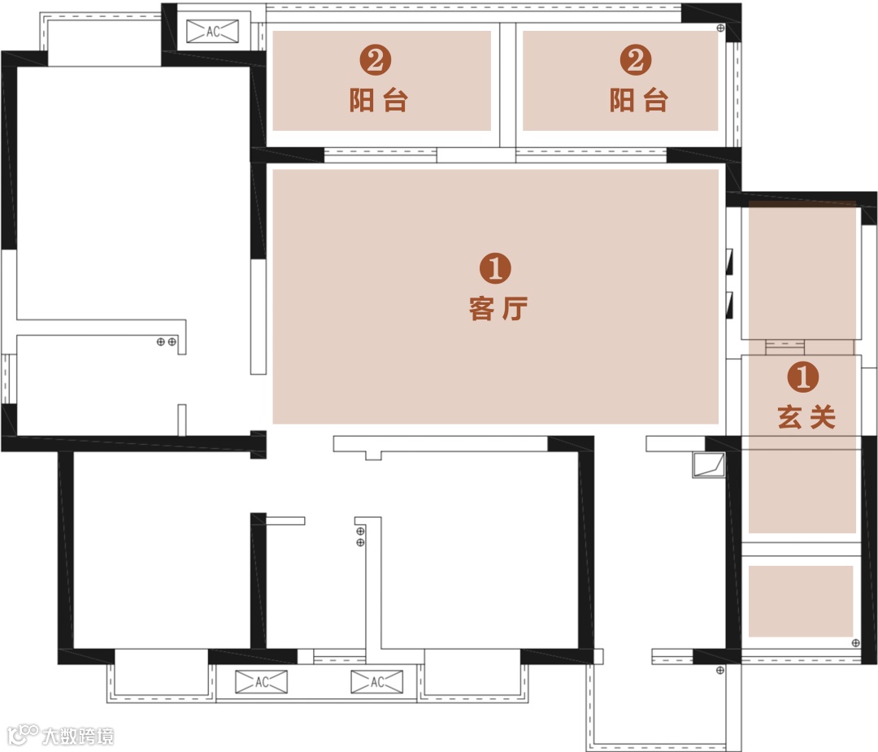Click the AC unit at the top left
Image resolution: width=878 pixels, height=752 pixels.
[212, 32]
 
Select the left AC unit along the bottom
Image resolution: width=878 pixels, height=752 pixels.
[262, 682]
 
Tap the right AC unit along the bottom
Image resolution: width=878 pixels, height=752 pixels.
[377, 682]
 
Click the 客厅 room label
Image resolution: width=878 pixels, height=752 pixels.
[498, 309]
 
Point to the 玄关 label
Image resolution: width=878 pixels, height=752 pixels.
[806, 417]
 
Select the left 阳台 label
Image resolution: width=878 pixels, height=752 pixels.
[379, 101]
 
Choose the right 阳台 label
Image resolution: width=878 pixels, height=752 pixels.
[638, 101]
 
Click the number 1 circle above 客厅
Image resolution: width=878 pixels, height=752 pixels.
[496, 268]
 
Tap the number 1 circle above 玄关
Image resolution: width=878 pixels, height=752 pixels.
[803, 376]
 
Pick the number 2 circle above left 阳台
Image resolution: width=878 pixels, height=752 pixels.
[375, 60]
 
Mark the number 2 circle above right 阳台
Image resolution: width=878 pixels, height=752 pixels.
[636, 60]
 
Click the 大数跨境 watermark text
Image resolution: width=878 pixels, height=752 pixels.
[78, 736]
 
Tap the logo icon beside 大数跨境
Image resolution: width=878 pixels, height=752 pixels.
[23, 735]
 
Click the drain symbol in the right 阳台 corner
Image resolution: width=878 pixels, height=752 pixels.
[720, 28]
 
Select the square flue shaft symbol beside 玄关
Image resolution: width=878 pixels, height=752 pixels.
[709, 465]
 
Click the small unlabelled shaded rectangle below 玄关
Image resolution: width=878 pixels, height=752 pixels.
[801, 601]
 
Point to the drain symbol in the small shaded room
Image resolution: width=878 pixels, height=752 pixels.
[855, 643]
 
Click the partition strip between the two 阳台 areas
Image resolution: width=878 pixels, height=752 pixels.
[507, 85]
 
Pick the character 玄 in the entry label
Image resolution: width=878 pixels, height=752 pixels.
[789, 417]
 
